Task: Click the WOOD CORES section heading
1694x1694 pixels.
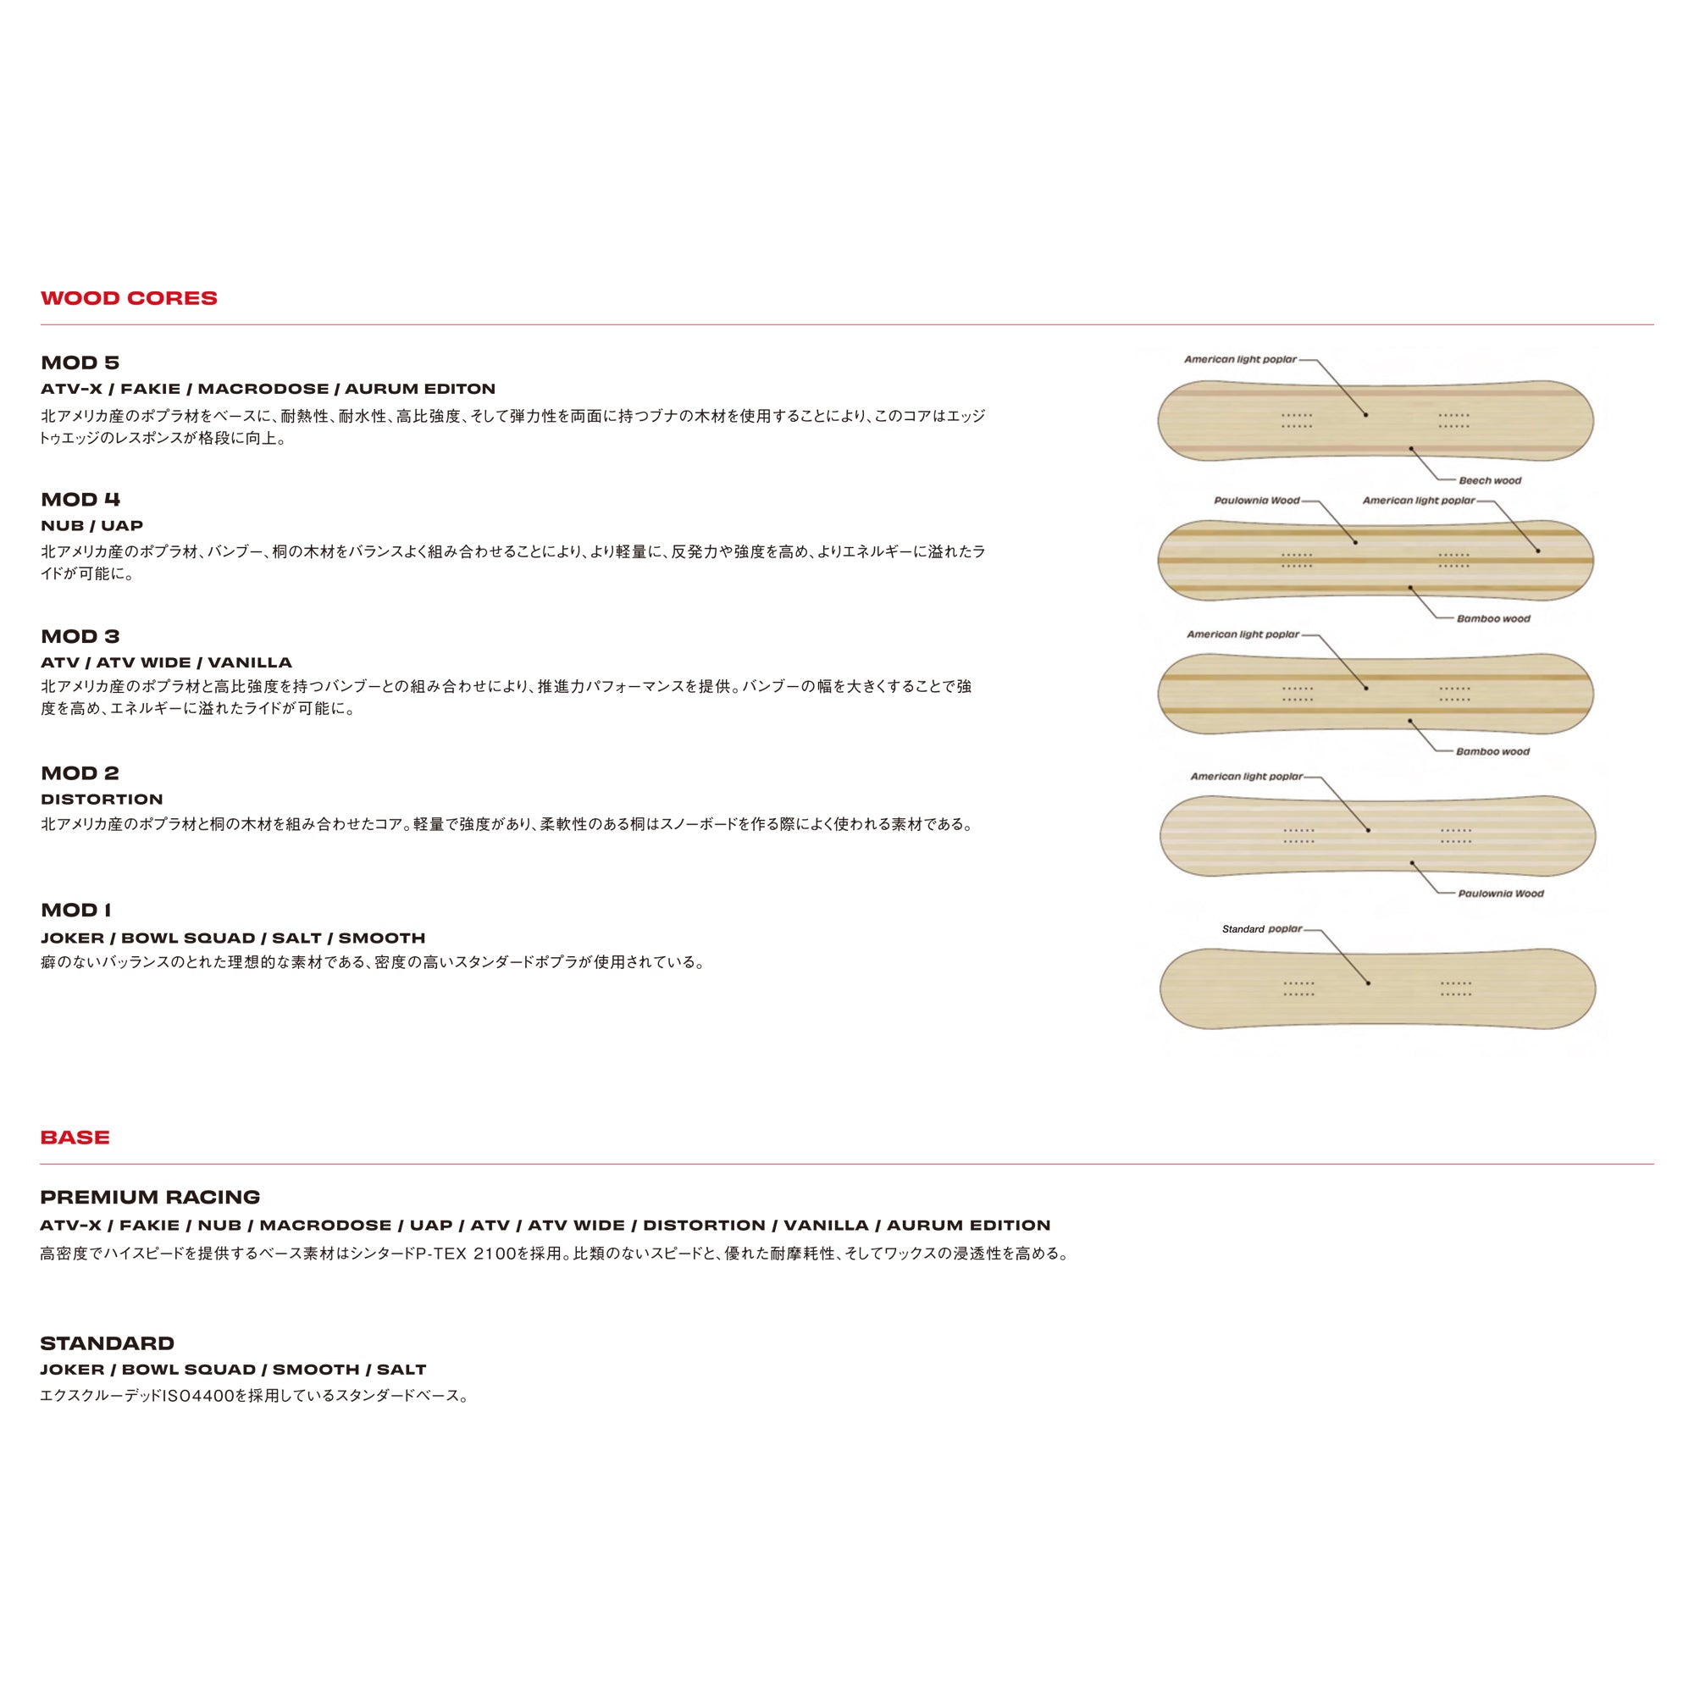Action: [129, 298]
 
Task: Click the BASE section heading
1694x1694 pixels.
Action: [75, 1138]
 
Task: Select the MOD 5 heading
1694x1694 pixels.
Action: [80, 363]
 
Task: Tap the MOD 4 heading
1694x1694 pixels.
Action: [80, 499]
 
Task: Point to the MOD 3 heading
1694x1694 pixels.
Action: [80, 636]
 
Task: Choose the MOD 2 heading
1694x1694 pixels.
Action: [80, 772]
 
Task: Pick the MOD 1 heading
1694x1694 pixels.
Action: [75, 909]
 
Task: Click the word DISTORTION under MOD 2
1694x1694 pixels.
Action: [102, 799]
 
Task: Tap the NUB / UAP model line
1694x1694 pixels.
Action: [92, 525]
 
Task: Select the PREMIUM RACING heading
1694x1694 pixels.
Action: [150, 1197]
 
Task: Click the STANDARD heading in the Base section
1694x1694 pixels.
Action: [107, 1342]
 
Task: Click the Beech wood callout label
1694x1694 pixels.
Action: [1490, 480]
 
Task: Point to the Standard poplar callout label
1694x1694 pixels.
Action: [1262, 928]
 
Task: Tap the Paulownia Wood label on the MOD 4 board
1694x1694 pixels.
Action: [1256, 501]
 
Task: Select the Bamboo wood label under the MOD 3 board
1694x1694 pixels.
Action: [1492, 751]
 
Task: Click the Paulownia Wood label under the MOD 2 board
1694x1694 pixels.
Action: [1500, 894]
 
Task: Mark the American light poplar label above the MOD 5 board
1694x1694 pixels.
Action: [1240, 359]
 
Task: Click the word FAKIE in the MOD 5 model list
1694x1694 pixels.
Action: [150, 389]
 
